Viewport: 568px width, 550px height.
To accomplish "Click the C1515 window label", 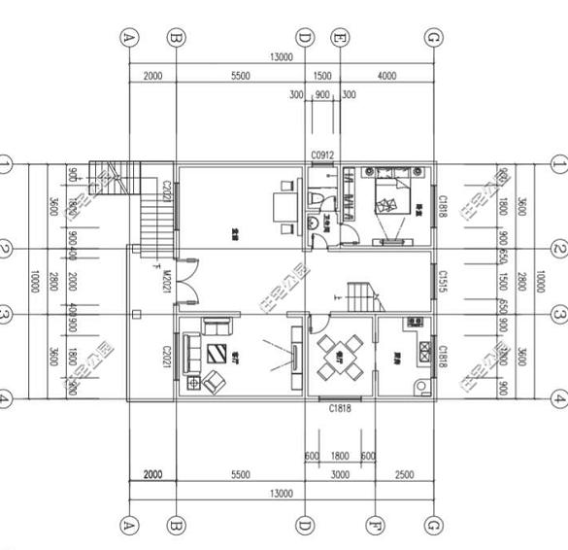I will [x=442, y=282].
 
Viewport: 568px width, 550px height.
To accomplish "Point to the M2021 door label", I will [x=167, y=282].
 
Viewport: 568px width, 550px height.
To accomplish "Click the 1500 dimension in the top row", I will [x=322, y=76].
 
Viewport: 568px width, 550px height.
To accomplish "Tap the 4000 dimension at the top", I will [x=386, y=76].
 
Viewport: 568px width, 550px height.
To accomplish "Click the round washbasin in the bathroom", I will [x=314, y=223].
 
